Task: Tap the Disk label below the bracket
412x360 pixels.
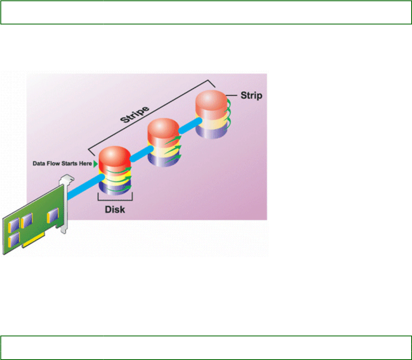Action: [115, 209]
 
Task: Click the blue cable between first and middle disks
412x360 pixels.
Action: [139, 154]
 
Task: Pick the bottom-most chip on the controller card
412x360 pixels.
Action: [15, 239]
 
